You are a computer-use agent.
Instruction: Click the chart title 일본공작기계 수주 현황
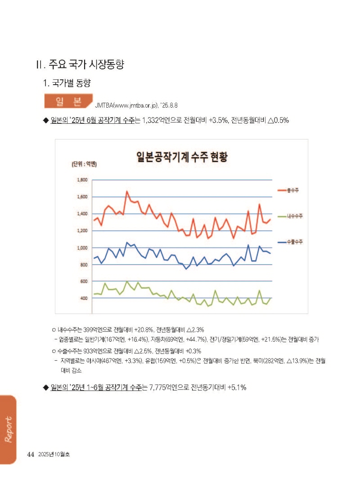coord(181,157)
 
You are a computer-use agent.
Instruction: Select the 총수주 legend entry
coord(293,190)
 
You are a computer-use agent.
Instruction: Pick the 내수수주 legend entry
coord(295,216)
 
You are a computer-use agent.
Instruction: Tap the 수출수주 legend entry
coord(295,242)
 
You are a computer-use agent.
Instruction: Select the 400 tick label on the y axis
coord(83,298)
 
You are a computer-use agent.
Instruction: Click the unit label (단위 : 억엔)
coord(84,164)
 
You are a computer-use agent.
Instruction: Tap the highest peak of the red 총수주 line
coord(127,191)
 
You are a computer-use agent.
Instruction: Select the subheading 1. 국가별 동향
coord(67,83)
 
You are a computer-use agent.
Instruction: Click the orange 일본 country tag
coord(67,101)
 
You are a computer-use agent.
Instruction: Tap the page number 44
coord(31,454)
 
